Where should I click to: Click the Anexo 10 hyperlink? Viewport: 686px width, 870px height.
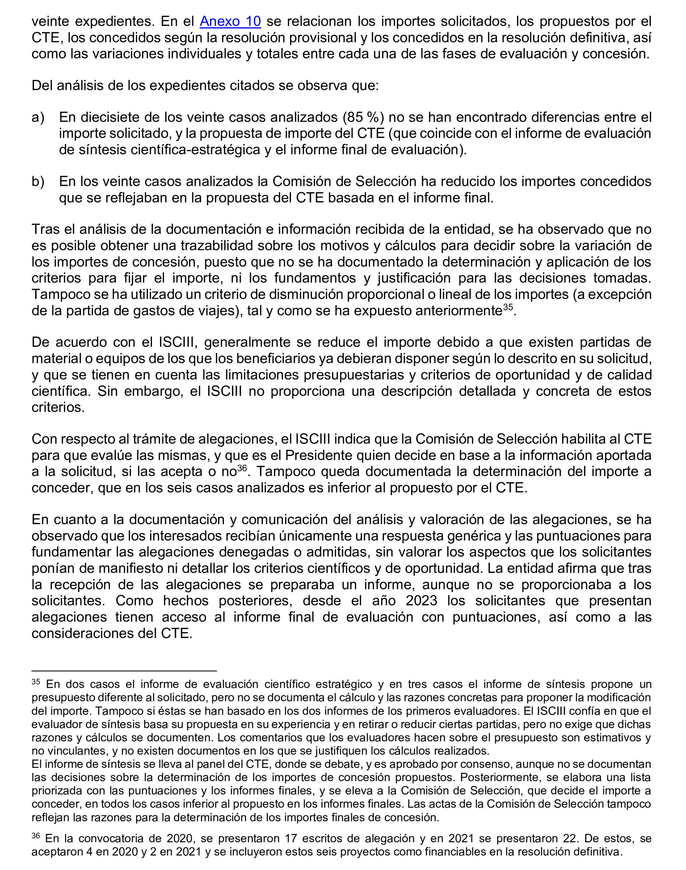pyautogui.click(x=230, y=21)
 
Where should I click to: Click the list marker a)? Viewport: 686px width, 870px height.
pyautogui.click(x=38, y=117)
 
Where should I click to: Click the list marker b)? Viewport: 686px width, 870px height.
pyautogui.click(x=38, y=181)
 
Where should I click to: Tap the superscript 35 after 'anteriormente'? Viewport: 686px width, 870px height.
pyautogui.click(x=508, y=308)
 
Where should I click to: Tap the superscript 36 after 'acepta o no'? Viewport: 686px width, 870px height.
pyautogui.click(x=242, y=468)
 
